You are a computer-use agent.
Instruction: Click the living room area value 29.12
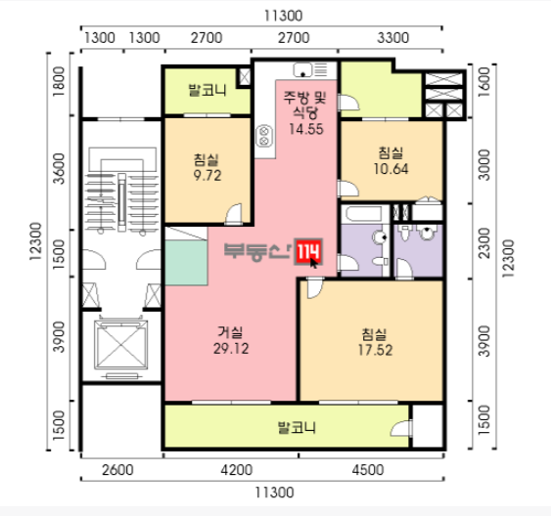point(231,349)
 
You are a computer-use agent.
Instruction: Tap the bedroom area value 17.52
point(375,350)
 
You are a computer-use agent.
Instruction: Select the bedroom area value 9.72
point(207,175)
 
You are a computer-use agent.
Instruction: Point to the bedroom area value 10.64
point(390,169)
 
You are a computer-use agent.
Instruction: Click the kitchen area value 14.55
point(306,129)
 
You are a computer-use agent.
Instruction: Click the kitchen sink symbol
point(302,69)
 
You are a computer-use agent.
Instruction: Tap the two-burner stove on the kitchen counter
point(264,136)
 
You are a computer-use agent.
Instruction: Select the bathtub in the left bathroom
point(364,214)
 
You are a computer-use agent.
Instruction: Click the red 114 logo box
point(308,251)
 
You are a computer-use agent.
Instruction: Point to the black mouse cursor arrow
point(313,263)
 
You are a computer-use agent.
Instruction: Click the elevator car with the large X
point(121,345)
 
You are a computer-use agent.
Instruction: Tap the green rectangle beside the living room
point(186,262)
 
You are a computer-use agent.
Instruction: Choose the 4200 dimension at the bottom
point(237,470)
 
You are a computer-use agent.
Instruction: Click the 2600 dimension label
point(117,470)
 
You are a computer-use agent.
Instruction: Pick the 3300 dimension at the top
point(393,38)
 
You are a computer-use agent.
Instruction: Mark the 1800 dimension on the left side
point(59,82)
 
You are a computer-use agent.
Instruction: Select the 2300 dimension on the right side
point(484,243)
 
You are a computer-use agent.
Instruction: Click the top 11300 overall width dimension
point(283,16)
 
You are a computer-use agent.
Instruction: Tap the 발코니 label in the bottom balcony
point(297,428)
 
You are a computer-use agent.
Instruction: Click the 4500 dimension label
point(368,470)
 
